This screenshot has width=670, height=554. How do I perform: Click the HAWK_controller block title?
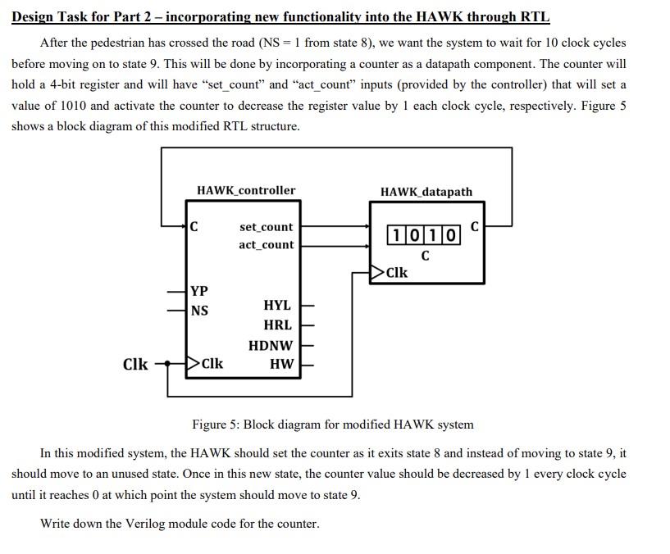[246, 190]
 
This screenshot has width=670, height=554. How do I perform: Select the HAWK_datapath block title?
[426, 192]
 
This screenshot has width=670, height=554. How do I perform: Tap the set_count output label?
[266, 227]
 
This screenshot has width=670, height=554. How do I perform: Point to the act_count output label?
[266, 244]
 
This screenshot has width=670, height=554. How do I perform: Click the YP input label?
[198, 291]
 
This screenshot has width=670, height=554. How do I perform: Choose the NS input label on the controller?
[198, 311]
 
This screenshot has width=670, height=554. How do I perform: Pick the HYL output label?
[277, 305]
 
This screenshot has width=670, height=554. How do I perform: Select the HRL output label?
[277, 325]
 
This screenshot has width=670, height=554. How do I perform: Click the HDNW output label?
[270, 346]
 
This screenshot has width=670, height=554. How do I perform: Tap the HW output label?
[281, 364]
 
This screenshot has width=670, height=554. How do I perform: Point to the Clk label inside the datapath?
[397, 272]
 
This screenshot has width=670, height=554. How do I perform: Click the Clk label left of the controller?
[135, 364]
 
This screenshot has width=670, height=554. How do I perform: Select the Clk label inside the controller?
[212, 364]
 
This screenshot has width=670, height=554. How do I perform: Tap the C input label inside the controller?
[194, 227]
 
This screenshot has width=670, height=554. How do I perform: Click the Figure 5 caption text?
[332, 425]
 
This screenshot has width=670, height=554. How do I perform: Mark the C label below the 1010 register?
[424, 256]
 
